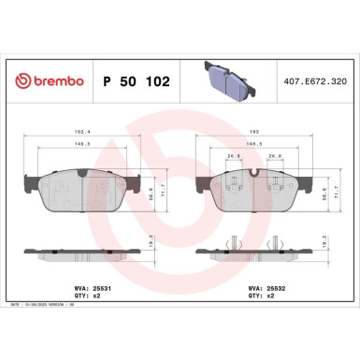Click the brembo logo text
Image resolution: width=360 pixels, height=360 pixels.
click(50, 82)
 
